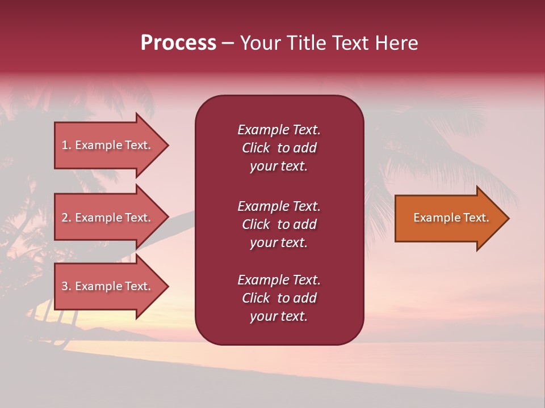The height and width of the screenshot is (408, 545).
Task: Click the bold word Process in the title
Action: [178, 43]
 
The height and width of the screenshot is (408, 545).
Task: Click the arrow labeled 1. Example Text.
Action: [108, 145]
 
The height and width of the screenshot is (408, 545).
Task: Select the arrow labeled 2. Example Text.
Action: [108, 218]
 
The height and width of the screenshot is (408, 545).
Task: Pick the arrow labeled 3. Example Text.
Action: [108, 286]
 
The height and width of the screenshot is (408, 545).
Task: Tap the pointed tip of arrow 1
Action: [167, 145]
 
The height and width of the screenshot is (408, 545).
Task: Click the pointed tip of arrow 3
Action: [167, 286]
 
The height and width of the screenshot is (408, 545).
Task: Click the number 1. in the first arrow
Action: [66, 145]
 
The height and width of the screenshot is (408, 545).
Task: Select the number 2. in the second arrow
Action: [66, 218]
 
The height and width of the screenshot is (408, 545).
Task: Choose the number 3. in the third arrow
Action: [66, 286]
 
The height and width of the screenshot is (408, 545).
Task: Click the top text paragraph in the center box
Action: [279, 148]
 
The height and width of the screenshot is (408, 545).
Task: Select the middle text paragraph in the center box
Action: [279, 224]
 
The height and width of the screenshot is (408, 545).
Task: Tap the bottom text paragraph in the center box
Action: [279, 298]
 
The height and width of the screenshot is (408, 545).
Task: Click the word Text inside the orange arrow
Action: [476, 218]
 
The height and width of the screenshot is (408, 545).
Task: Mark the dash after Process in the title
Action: [228, 44]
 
